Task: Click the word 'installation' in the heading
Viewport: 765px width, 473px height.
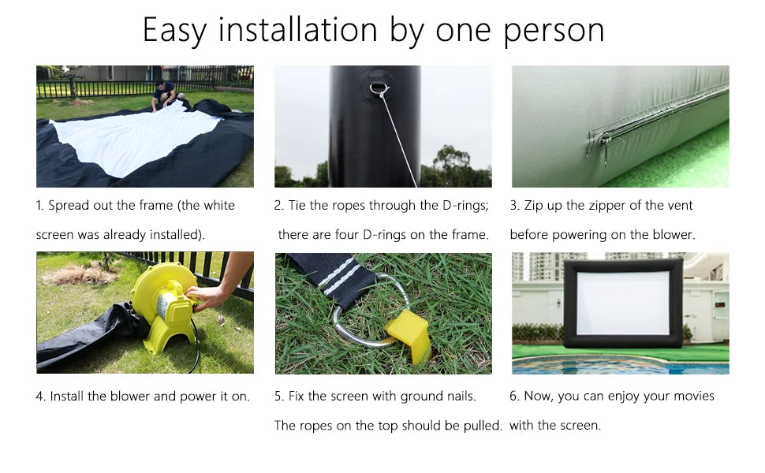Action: [297, 30]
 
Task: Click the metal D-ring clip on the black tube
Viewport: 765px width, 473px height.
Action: [379, 91]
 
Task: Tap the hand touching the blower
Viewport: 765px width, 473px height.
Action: [205, 297]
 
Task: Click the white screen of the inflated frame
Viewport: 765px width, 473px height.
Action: [623, 303]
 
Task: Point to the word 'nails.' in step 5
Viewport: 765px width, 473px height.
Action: [461, 396]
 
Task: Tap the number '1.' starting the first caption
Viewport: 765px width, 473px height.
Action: [40, 205]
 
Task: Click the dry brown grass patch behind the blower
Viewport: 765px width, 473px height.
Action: [80, 274]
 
